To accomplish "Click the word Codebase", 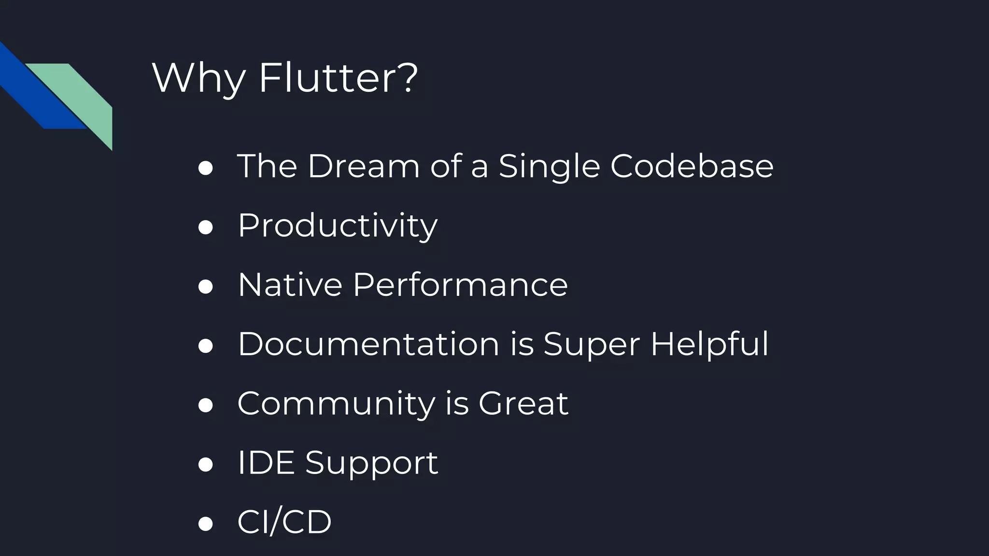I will [692, 166].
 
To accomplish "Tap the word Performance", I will [460, 285].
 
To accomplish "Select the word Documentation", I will [368, 344].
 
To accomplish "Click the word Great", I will [523, 403].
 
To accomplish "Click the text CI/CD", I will [284, 522].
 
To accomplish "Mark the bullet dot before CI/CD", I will [206, 524].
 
